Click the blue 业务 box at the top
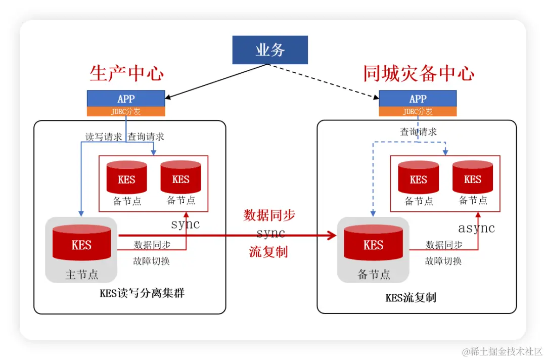[270, 50]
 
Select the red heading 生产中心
[126, 74]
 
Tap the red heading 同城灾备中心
[419, 74]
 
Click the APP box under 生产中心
[126, 99]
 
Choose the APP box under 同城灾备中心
[418, 99]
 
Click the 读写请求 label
[103, 137]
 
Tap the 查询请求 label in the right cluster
[418, 132]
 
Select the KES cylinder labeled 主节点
[81, 244]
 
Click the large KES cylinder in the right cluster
[373, 244]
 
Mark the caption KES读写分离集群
[142, 293]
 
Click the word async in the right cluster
[476, 228]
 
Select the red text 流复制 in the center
[268, 252]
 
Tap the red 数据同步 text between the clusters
[269, 215]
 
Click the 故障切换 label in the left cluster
[152, 261]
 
